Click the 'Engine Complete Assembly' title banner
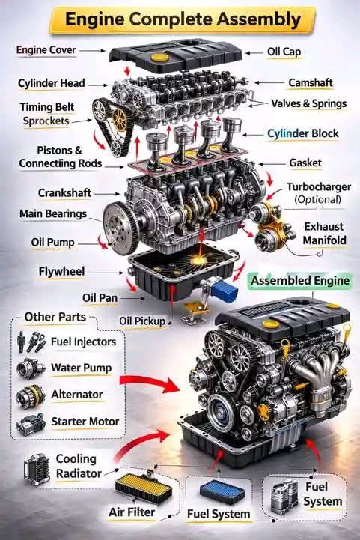pos(183,19)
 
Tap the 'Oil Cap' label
pos(284,52)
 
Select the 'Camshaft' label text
pos(311,83)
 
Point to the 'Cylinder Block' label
pos(303,133)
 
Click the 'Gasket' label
pos(305,163)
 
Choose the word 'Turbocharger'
pos(319,187)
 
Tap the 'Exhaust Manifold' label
pos(325,233)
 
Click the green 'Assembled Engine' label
pos(300,281)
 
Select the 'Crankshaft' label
pos(64,193)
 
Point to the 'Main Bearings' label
pos(53,214)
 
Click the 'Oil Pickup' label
pos(142,321)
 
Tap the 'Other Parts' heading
pos(55,317)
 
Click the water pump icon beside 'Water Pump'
pos(31,368)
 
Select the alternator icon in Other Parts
pos(31,395)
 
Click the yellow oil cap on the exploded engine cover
pos(160,57)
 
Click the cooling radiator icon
pos(37,469)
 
